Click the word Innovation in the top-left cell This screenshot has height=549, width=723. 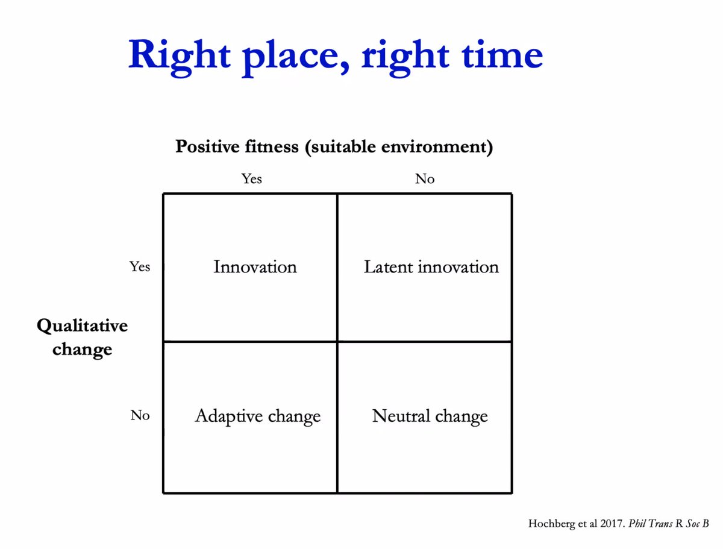click(255, 267)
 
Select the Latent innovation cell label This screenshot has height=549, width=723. click(431, 267)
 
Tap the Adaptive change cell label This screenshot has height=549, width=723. click(258, 416)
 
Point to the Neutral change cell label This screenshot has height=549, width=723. click(430, 416)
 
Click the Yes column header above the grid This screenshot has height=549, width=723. click(252, 179)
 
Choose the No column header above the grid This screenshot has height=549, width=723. click(425, 179)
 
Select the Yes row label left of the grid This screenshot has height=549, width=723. click(140, 266)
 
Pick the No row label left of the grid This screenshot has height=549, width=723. click(140, 415)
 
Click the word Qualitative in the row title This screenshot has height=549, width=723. click(83, 327)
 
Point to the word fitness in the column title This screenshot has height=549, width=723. click(272, 146)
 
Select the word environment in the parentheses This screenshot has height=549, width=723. click(434, 147)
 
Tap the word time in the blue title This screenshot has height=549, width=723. click(502, 54)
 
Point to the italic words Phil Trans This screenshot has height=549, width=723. click(651, 524)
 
